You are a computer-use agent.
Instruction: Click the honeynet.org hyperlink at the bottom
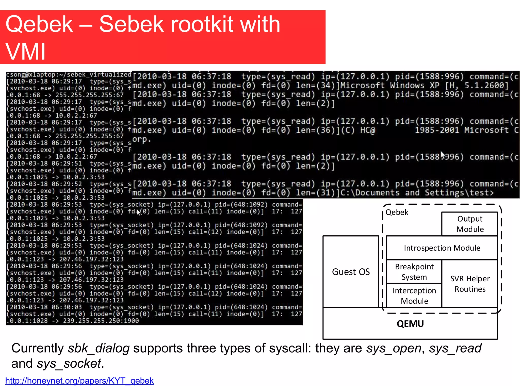(x=79, y=381)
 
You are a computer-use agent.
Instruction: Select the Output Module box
(x=470, y=224)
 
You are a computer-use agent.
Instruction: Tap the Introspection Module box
(x=442, y=248)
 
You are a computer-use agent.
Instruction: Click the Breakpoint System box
(x=414, y=272)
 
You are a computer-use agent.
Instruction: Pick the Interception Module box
(x=414, y=296)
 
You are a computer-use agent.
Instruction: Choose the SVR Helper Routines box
(x=470, y=284)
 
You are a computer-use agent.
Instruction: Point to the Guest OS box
(x=351, y=272)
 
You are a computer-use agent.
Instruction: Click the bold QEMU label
(x=410, y=324)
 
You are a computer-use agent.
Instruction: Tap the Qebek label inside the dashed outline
(x=397, y=212)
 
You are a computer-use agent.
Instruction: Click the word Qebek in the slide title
(x=39, y=24)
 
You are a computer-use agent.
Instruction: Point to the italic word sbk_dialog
(x=99, y=348)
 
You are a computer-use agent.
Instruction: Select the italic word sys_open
(x=394, y=348)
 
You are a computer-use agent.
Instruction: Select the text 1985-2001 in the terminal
(x=437, y=130)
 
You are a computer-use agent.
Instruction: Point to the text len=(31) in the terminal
(x=317, y=193)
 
